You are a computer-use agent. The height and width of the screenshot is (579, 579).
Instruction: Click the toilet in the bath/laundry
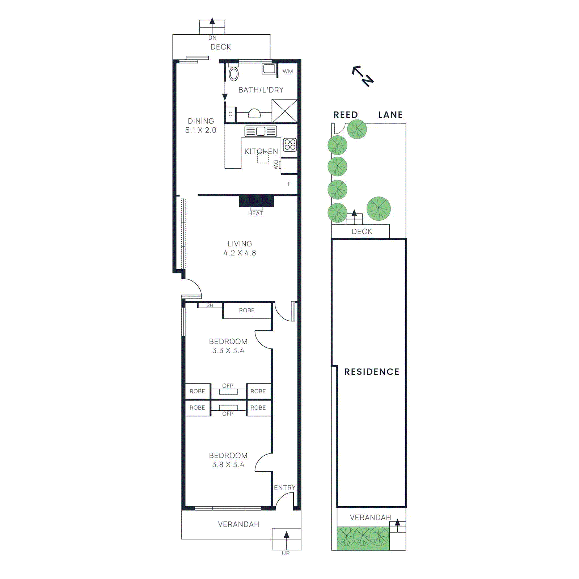(x=234, y=73)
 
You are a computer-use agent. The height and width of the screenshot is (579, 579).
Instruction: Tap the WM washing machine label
(x=288, y=72)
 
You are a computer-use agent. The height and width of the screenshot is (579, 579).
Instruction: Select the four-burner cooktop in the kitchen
(x=290, y=145)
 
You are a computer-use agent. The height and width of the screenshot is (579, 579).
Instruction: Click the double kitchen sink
(x=261, y=131)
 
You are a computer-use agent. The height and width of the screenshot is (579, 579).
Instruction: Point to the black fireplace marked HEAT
(x=256, y=201)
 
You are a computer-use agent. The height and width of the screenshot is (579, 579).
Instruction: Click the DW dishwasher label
(x=276, y=165)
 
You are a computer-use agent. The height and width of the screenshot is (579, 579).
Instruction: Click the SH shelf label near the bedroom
(x=210, y=305)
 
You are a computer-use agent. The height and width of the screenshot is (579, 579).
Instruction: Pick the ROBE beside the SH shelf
(x=247, y=310)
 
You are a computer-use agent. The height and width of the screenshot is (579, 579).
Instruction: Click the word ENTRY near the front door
(x=284, y=488)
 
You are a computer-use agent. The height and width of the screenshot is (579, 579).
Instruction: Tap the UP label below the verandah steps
(x=286, y=553)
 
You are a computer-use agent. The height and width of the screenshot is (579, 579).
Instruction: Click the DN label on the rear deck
(x=212, y=38)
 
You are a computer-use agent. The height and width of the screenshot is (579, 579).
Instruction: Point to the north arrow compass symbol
(x=363, y=76)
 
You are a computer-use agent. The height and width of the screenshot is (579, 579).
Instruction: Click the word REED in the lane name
(x=346, y=115)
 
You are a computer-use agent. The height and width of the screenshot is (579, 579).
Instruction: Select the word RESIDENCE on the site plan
(x=372, y=372)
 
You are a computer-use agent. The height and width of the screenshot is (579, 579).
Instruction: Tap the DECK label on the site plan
(x=362, y=232)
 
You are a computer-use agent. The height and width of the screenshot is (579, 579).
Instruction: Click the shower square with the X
(x=284, y=111)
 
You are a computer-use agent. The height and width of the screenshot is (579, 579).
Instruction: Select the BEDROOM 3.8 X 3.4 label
(x=228, y=460)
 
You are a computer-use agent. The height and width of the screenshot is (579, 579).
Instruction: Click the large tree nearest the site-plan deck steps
(x=379, y=209)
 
